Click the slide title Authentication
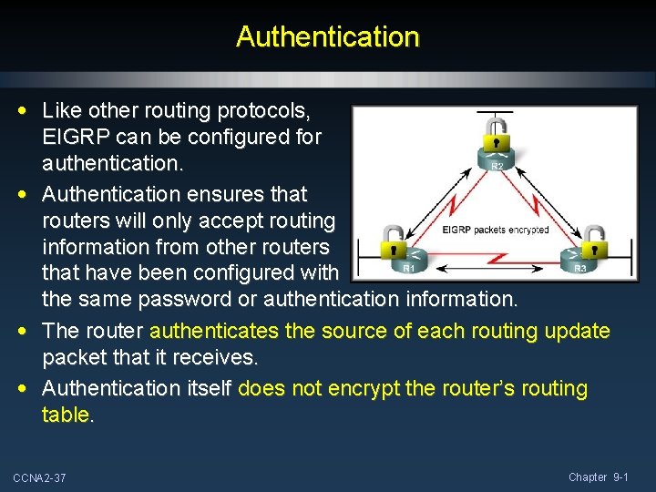click(327, 37)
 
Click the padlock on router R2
click(497, 138)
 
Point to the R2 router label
click(497, 167)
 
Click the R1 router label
click(409, 268)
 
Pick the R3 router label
click(580, 268)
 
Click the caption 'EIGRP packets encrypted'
click(495, 230)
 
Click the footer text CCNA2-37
click(39, 478)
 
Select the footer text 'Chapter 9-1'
click(598, 477)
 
